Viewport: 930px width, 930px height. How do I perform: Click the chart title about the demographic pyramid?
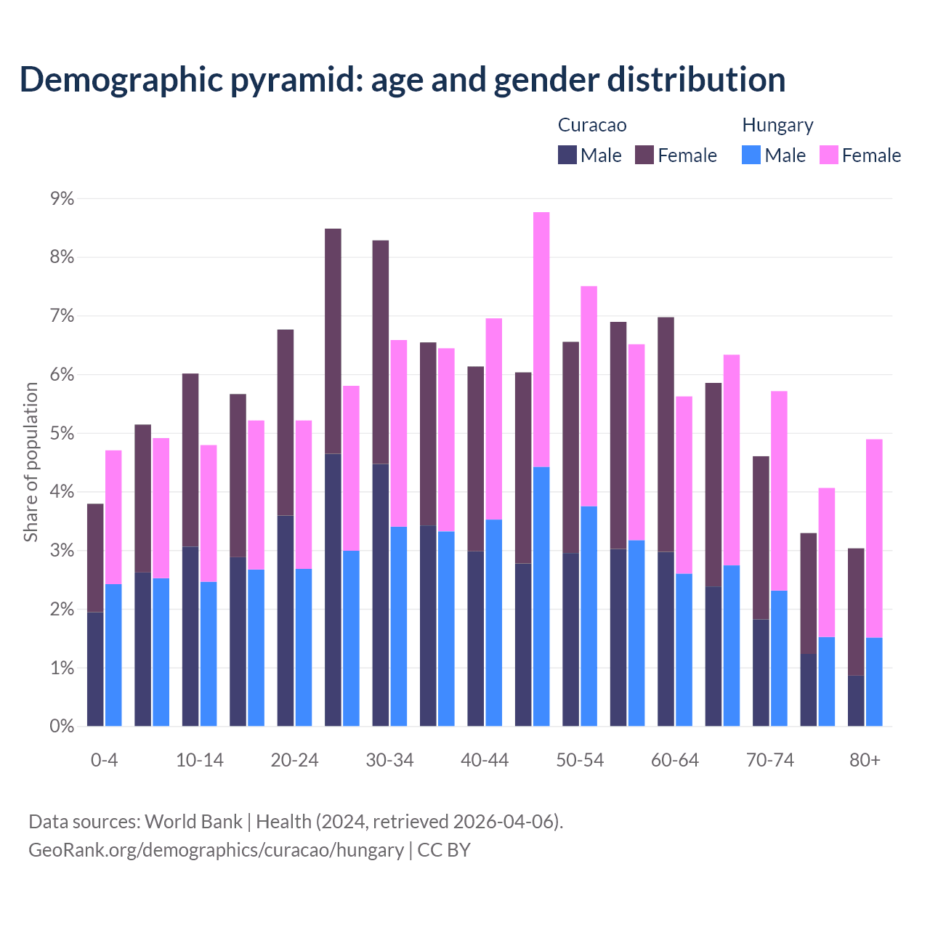pos(403,80)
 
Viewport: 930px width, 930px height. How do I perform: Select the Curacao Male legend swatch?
pos(567,155)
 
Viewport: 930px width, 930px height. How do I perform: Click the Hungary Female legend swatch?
pos(828,155)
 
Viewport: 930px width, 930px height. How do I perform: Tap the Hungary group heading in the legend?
pos(777,125)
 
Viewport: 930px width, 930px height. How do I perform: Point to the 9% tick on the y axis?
pos(61,198)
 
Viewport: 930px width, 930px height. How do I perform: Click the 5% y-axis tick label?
pos(61,434)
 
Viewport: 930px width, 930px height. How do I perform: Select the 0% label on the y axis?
pos(61,727)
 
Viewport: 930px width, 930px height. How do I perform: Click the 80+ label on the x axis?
pos(865,761)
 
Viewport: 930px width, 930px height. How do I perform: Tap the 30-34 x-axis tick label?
pos(389,761)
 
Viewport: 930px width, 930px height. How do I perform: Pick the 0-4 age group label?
pos(104,761)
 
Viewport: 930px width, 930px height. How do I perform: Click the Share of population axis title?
pos(31,462)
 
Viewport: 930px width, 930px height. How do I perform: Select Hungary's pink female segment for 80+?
pos(874,538)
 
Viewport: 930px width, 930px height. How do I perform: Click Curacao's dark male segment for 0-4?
pos(95,669)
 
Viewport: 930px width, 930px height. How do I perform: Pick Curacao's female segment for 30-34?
pos(381,352)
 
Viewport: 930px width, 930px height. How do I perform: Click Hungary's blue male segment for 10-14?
pos(209,654)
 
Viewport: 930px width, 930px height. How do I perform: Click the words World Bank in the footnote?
pos(193,822)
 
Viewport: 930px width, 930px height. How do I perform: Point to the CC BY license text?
pos(444,850)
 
